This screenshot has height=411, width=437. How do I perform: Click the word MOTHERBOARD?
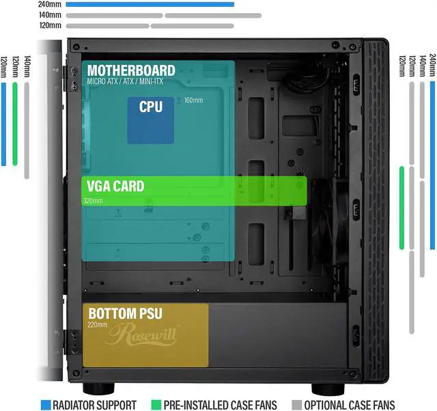pyautogui.click(x=130, y=70)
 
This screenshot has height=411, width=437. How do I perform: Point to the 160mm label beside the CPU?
pyautogui.click(x=193, y=101)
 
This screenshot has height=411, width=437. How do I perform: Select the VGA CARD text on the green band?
pyautogui.click(x=115, y=186)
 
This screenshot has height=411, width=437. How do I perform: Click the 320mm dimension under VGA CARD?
pyautogui.click(x=93, y=201)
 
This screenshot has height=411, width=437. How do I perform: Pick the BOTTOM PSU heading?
pyautogui.click(x=125, y=313)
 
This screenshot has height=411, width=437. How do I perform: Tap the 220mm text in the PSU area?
pyautogui.click(x=97, y=325)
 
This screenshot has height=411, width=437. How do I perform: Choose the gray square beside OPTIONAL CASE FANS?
pyautogui.click(x=296, y=404)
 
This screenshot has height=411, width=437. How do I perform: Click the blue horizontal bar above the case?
pyautogui.click(x=150, y=4)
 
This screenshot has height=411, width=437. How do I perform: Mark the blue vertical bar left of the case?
pyautogui.click(x=3, y=124)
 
